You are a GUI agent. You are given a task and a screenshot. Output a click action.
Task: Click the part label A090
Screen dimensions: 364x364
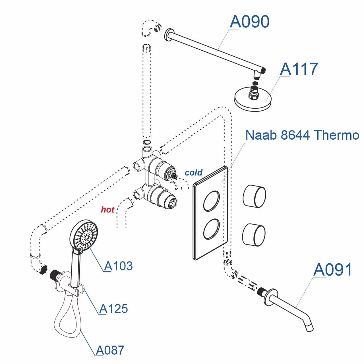(x=249, y=22)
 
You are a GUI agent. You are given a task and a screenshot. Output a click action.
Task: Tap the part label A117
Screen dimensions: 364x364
(x=299, y=69)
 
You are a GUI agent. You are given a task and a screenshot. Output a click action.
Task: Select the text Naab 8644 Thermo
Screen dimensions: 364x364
(x=302, y=135)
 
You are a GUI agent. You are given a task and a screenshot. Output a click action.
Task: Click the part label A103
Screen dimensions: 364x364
(x=118, y=266)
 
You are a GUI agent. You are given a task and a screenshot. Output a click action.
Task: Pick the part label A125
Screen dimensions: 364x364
(x=113, y=309)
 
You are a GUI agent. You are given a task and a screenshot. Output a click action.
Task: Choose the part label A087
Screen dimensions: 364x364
(x=110, y=350)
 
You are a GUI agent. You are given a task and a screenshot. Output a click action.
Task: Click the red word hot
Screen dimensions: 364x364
(x=107, y=210)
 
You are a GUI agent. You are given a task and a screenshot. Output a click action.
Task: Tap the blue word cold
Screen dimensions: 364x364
(x=193, y=173)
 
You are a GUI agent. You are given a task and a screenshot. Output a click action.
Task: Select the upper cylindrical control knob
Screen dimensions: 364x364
(x=254, y=196)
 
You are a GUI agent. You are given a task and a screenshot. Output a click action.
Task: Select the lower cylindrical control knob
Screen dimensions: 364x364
(x=254, y=235)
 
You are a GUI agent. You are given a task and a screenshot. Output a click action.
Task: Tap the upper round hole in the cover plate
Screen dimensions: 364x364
(x=211, y=201)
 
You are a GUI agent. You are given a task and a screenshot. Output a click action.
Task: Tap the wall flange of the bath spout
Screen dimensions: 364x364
(x=268, y=297)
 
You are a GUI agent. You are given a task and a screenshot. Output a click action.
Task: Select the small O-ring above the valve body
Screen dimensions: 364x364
(x=146, y=142)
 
